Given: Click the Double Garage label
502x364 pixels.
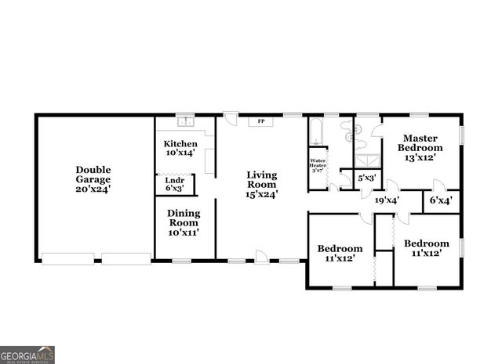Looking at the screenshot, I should point(93,178).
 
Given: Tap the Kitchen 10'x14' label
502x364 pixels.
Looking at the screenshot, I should point(180,149).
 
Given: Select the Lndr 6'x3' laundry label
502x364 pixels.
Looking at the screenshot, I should point(174,184).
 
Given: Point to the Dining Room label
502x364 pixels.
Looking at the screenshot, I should point(184,222).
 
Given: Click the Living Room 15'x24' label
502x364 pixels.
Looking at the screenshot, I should point(262,184).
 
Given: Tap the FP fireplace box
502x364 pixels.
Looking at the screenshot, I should point(260,121).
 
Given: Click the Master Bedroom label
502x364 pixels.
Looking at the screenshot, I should point(420,147).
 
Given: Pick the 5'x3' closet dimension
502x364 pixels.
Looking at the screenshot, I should point(366,178).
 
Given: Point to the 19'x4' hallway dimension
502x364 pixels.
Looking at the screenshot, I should point(387,200).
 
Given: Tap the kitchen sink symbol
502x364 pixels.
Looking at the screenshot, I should point(186,122).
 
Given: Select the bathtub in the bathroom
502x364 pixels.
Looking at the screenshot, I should point(315,132).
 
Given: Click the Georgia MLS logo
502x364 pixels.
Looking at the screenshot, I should point(27,355).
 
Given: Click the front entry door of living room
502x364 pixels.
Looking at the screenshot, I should point(262,256).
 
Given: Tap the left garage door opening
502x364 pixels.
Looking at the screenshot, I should point(68,258).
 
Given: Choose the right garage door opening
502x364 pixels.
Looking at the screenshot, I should point(125,258).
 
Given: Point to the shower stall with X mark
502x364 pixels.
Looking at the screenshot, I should point(366,160).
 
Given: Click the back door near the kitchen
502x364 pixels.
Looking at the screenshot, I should point(230,120).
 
